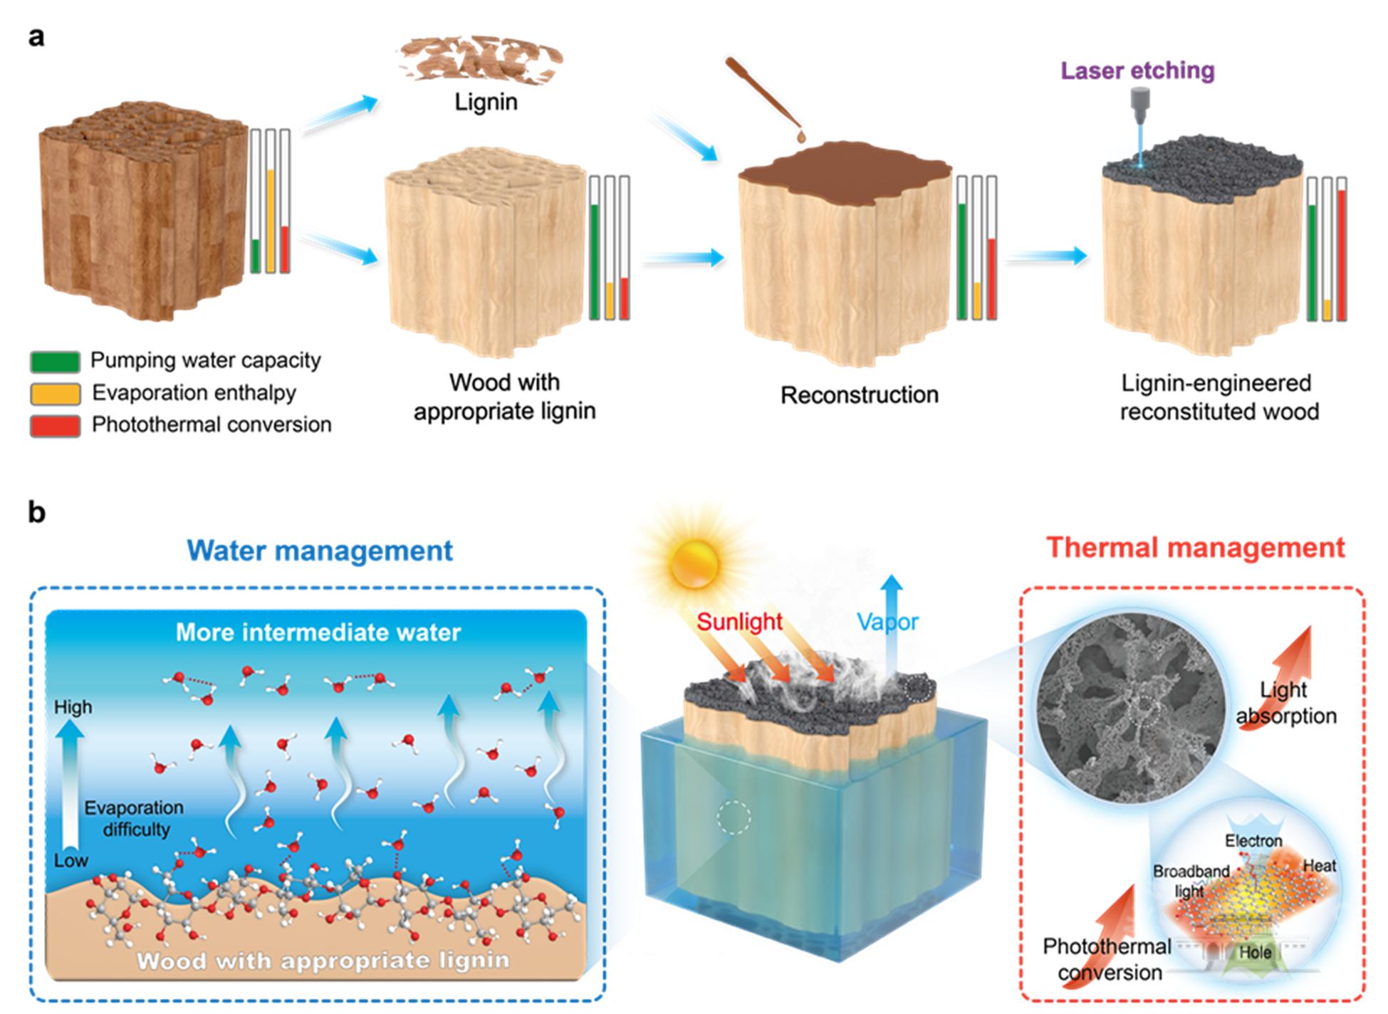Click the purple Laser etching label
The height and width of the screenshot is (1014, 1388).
1137,70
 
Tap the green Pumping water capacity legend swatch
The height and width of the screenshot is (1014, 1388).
55,361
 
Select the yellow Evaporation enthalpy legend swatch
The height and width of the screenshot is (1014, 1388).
55,393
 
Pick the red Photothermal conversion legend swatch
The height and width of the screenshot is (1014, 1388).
55,425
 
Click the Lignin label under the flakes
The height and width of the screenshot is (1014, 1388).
486,102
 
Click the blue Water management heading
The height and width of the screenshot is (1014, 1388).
320,550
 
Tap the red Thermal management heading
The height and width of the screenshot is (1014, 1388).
1196,548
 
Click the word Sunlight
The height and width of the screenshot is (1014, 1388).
739,622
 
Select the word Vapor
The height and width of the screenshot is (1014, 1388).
888,622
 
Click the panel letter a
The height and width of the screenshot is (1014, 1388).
36,36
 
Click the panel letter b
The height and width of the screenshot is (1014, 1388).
37,512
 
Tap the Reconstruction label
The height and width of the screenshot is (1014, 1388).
859,395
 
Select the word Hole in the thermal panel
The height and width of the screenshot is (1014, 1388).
1255,952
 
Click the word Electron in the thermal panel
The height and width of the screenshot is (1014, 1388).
1253,841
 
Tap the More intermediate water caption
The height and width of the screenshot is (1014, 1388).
318,632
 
